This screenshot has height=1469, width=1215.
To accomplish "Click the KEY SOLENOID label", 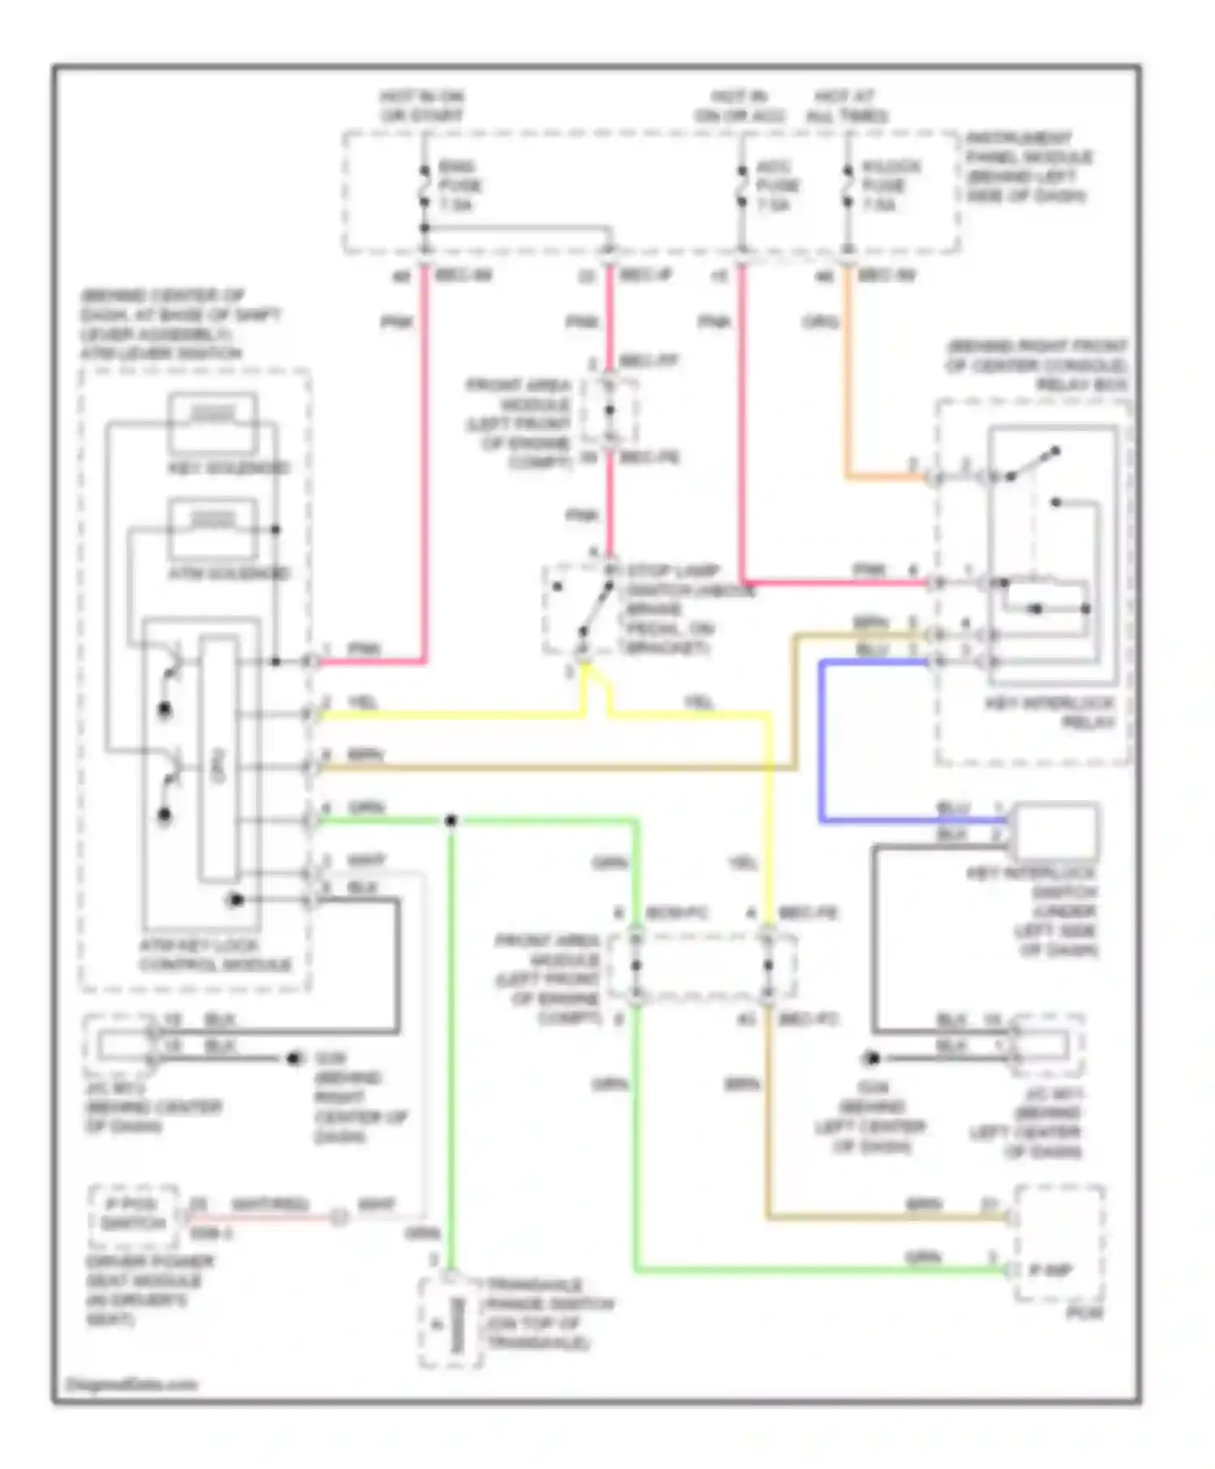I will [x=229, y=468].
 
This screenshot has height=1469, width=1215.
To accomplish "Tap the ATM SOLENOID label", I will [x=229, y=573].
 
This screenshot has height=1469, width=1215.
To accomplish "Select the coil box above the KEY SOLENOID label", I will [x=213, y=422].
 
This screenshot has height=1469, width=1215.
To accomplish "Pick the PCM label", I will [x=1084, y=1312].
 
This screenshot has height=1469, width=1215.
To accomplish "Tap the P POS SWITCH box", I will [x=134, y=1214].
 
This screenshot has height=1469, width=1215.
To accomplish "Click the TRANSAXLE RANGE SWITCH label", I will [x=548, y=1314].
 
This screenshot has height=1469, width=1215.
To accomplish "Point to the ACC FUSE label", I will [x=778, y=185].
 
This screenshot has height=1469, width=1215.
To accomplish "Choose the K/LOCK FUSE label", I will [x=891, y=185].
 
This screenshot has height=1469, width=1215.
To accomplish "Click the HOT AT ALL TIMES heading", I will [x=846, y=106].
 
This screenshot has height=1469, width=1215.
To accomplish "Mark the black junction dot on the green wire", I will [x=451, y=821].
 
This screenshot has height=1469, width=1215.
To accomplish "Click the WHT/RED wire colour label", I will [x=269, y=1204].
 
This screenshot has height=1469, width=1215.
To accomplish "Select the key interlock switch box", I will [x=1056, y=830].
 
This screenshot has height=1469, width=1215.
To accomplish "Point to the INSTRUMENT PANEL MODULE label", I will [x=1029, y=166].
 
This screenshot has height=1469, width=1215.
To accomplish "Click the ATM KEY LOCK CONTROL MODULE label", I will [x=215, y=956].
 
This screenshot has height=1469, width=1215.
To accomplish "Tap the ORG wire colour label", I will [x=820, y=322].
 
